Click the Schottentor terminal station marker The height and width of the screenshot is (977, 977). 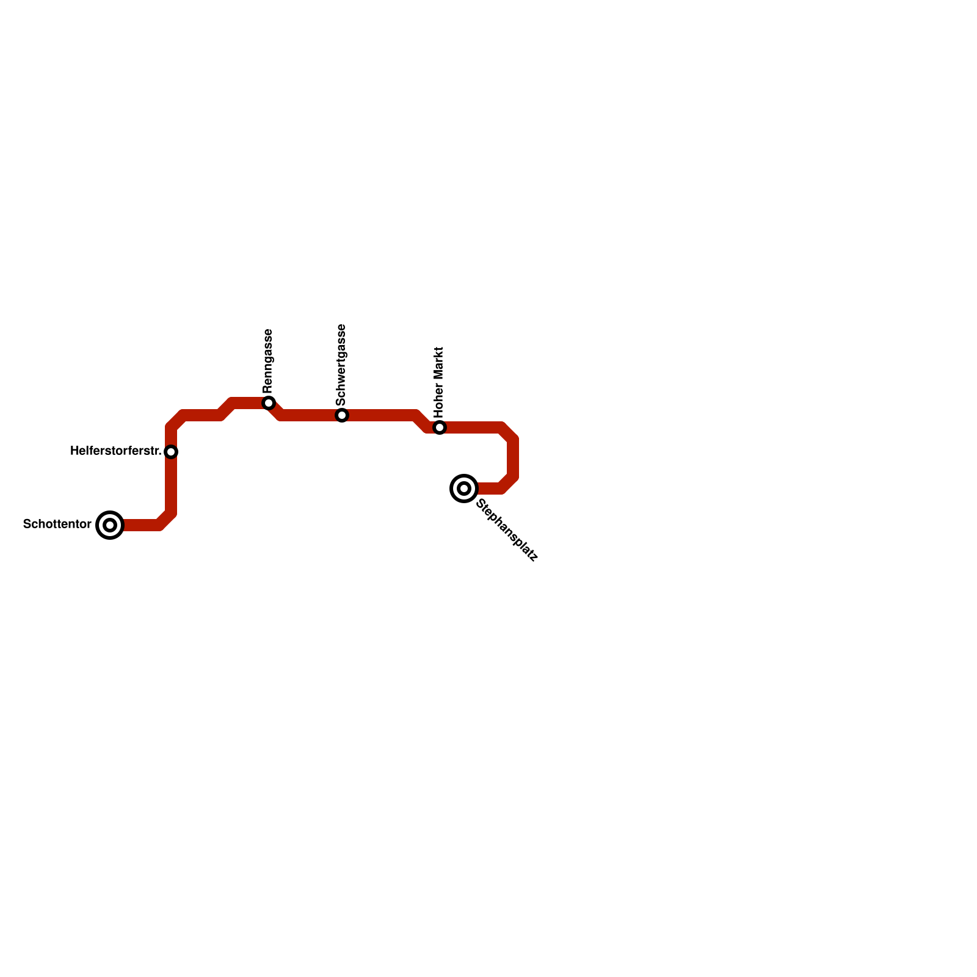point(110,525)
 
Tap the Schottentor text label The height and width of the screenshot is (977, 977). point(57,525)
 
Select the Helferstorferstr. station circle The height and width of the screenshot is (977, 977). point(171,452)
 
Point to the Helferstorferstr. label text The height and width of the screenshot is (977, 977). point(115,451)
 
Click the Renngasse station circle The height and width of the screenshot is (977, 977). point(269,403)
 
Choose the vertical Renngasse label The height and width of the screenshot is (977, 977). point(268,361)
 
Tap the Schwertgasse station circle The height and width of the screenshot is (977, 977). point(342,415)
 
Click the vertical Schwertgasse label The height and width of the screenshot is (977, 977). point(341,365)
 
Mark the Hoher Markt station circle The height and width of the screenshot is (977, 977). point(440,427)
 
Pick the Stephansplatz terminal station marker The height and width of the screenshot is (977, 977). point(464,488)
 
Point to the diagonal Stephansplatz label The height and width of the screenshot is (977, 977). point(507,530)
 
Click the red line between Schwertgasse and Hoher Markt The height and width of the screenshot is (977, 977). point(385,415)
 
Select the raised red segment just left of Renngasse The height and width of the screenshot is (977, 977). point(247,403)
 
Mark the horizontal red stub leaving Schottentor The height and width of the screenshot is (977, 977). point(140,525)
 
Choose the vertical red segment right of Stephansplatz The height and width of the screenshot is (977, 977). point(513,458)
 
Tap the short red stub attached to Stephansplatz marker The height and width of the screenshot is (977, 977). point(488,488)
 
